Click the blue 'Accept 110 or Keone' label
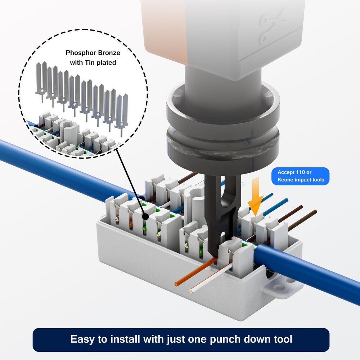[x=301, y=176]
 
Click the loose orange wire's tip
[x=176, y=284]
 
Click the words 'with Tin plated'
[x=93, y=63]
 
